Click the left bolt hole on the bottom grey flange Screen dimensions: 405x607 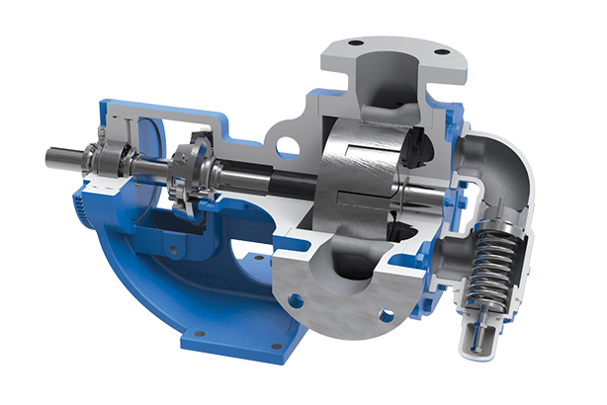click(295, 296)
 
